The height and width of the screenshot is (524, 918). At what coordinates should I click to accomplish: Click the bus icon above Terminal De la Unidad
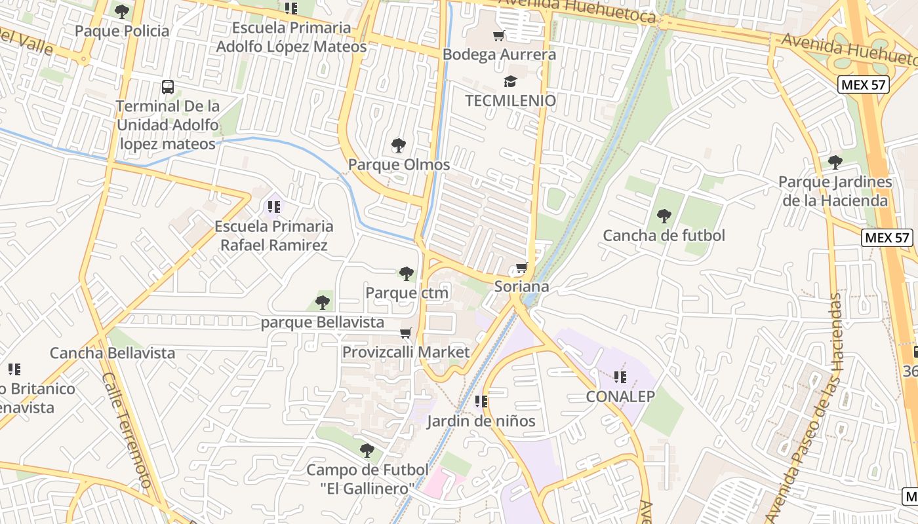[168, 86]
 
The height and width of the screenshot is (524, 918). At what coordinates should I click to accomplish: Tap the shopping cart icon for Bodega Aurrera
[499, 35]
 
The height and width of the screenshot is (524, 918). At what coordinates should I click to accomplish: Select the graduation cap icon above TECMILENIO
[510, 81]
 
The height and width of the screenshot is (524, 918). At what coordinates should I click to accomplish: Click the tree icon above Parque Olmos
[398, 145]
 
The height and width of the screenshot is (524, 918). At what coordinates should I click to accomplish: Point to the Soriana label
[521, 286]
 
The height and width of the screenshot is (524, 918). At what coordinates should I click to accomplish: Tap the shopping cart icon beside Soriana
[522, 267]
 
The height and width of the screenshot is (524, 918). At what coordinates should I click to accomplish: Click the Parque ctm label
[407, 292]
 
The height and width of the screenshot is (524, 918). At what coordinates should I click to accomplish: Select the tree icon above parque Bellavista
[322, 302]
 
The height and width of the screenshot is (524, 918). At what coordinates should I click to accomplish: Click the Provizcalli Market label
[406, 352]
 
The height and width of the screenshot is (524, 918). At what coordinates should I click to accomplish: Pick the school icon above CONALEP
[620, 377]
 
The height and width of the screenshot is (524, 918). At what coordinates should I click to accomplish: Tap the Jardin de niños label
[481, 421]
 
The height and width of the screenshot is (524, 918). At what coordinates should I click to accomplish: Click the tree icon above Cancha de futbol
[664, 215]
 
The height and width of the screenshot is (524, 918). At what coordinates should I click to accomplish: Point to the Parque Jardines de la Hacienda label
[835, 191]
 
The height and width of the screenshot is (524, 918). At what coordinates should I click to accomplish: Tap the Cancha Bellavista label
[113, 353]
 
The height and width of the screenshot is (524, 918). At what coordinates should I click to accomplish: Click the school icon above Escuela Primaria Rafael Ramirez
[273, 207]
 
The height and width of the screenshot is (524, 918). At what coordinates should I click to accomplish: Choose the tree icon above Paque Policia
[122, 11]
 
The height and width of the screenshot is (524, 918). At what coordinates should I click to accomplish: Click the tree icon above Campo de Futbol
[367, 451]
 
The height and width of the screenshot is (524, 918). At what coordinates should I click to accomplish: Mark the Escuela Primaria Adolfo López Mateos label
[292, 37]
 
